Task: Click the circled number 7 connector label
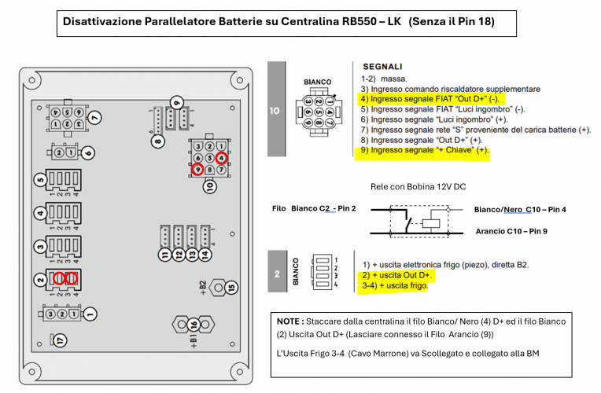coord(94,118)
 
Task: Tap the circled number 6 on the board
coord(88,152)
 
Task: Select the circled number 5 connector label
coord(40,180)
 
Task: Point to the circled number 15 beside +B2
coord(230,288)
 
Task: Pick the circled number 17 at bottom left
coord(40,340)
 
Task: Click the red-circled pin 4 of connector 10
coord(222,158)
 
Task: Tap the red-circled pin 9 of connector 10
coord(198,169)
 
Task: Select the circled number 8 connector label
coord(158,141)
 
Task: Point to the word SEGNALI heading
coord(382,68)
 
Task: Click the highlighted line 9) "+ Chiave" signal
coord(425,149)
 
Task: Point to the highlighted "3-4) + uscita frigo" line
coord(395,287)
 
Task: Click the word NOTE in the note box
coord(289,322)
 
